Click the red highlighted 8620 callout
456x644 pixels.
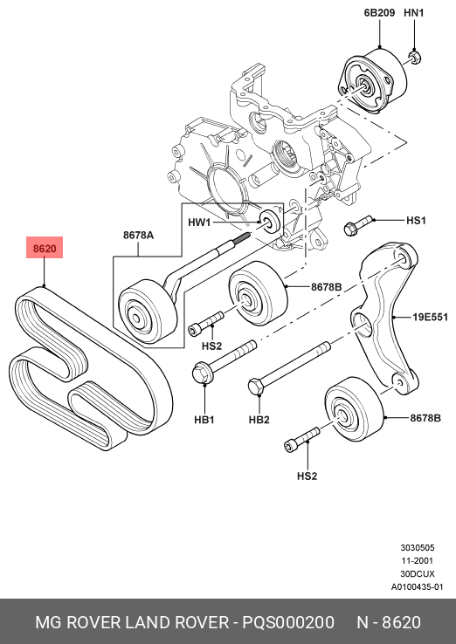click(45, 247)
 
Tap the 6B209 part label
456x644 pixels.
click(379, 13)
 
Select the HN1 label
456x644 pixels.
click(414, 13)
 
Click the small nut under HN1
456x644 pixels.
click(415, 57)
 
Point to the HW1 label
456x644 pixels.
click(199, 223)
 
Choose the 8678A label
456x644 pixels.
click(138, 235)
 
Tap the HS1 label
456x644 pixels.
click(416, 221)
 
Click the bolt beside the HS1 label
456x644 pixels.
click(357, 225)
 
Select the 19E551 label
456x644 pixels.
click(430, 317)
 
